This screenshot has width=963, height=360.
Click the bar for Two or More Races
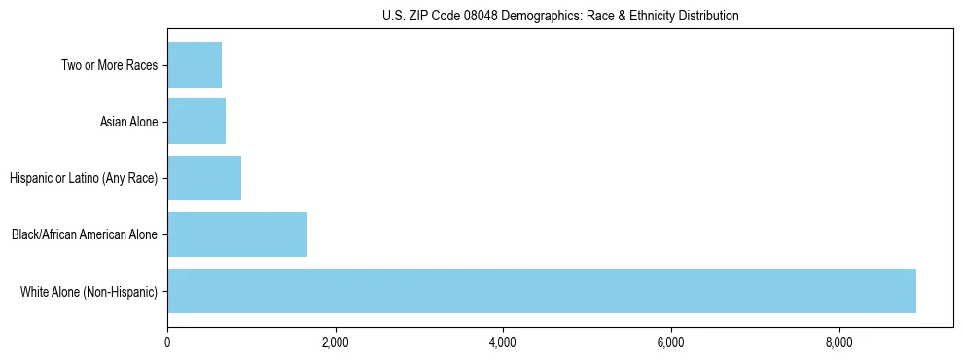pyautogui.click(x=195, y=64)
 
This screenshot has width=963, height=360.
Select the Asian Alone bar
pyautogui.click(x=196, y=122)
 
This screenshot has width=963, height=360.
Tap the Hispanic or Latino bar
pyautogui.click(x=204, y=178)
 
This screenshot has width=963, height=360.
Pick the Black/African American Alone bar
pyautogui.click(x=237, y=234)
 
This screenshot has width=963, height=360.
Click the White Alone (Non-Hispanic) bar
pyautogui.click(x=542, y=291)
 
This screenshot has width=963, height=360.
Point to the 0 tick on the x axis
pyautogui.click(x=167, y=342)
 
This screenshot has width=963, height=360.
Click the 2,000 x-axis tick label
pyautogui.click(x=335, y=342)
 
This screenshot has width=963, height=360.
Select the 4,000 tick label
pyautogui.click(x=503, y=342)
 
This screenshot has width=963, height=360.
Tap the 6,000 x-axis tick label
pyautogui.click(x=671, y=342)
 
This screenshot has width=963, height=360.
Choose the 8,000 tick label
pyautogui.click(x=838, y=342)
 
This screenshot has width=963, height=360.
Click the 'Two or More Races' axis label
pyautogui.click(x=109, y=65)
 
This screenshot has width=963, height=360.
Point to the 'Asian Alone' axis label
pyautogui.click(x=128, y=122)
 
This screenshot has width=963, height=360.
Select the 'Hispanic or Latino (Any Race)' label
pyautogui.click(x=84, y=178)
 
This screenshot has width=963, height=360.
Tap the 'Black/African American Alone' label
pyautogui.click(x=85, y=234)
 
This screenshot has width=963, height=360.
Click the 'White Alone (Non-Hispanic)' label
pyautogui.click(x=89, y=291)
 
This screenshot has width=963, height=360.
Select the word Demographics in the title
pyautogui.click(x=531, y=16)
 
